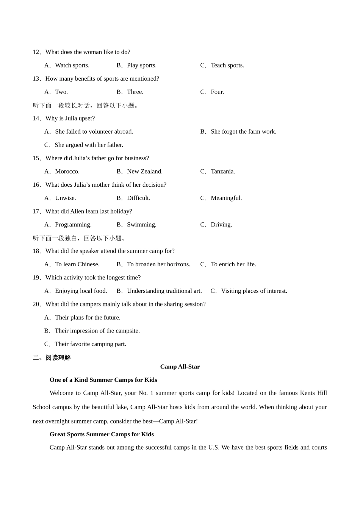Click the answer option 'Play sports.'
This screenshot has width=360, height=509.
pos(141,66)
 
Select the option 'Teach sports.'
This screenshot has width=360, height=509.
pos(227,66)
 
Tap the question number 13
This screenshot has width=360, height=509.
pos(36,79)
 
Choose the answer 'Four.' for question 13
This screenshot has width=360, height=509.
pos(217,92)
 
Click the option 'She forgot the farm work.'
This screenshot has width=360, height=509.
pos(243,132)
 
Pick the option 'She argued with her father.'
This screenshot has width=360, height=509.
pos(89,145)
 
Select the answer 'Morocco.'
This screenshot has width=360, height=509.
pos(67,172)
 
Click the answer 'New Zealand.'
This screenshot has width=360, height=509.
pos(144,172)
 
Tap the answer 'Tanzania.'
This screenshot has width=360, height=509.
pos(223,172)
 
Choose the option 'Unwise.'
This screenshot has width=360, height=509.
pos(65,198)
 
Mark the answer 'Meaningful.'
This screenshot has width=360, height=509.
pos(226,198)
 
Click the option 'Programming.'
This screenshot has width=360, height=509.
pos(73,225)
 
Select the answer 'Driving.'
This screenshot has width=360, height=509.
pos(221,225)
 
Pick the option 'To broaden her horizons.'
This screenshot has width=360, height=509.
pos(158,264)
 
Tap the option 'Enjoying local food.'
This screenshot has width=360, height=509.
pos(81,291)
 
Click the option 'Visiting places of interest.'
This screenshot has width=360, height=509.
pos(254,291)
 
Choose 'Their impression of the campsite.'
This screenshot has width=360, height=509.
pos(97,331)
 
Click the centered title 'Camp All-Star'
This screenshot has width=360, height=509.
pos(180,367)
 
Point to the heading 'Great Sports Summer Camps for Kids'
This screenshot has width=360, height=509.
pos(102,434)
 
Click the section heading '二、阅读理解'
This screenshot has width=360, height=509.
pos(52,358)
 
